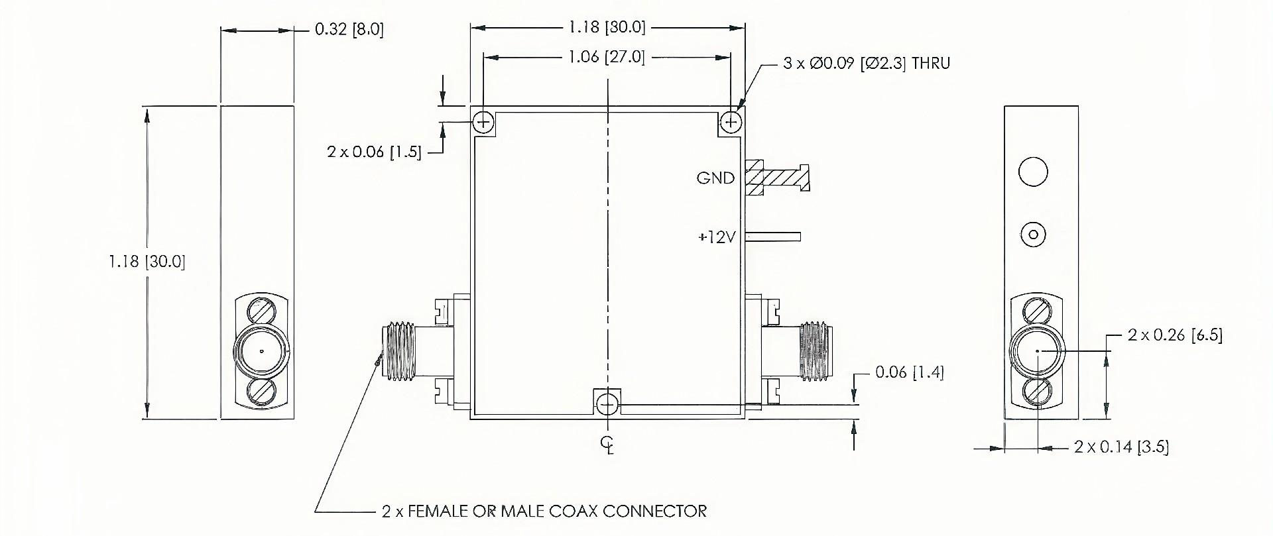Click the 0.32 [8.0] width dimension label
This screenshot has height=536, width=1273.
[x=349, y=30]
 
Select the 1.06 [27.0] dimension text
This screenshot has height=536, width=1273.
[x=606, y=57]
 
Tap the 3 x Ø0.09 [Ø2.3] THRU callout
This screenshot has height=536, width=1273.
[x=867, y=64]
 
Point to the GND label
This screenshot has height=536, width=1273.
[x=715, y=178]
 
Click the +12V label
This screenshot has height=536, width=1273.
[x=717, y=237]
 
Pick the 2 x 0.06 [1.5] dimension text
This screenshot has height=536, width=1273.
[x=374, y=152]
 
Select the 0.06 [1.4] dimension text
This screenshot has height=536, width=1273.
[x=909, y=372]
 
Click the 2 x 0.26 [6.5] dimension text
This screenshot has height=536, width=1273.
[x=1175, y=335]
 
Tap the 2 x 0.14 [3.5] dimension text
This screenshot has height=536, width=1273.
[x=1121, y=447]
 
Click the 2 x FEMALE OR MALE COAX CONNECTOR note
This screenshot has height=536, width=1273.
[x=544, y=511]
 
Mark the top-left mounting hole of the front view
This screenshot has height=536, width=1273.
[x=483, y=123]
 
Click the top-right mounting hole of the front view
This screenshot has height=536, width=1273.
[x=731, y=123]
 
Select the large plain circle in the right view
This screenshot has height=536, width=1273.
[x=1032, y=172]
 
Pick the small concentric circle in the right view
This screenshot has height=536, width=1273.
[x=1033, y=235]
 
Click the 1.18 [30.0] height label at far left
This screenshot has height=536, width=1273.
[x=147, y=262]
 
